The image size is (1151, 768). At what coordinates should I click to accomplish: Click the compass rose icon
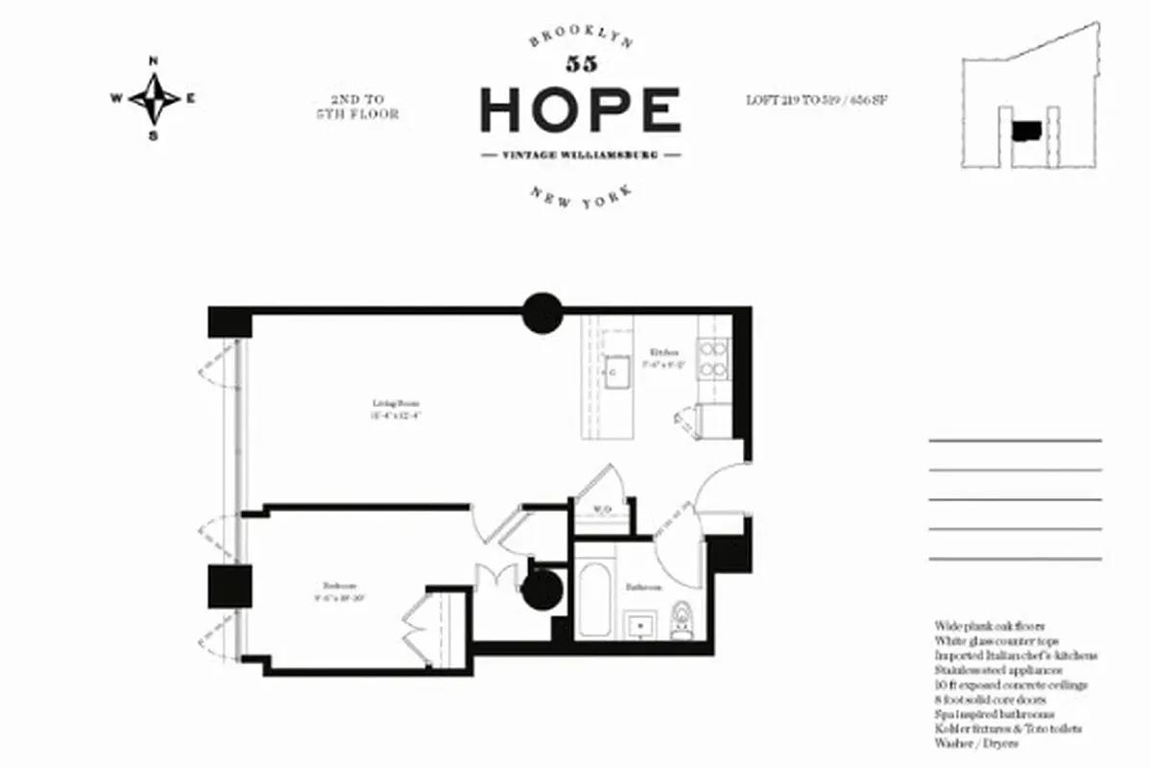154,97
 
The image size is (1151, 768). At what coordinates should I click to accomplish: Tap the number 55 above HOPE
580,64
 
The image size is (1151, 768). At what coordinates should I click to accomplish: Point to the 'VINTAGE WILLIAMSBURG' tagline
580,155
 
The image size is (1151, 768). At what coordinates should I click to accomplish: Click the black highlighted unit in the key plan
1026,130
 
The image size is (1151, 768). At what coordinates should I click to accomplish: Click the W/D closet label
603,510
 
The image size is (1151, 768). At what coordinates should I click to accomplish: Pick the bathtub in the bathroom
595,602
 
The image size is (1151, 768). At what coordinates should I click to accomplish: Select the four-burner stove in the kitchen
711,359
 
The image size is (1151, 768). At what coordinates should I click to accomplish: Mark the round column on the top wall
541,313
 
